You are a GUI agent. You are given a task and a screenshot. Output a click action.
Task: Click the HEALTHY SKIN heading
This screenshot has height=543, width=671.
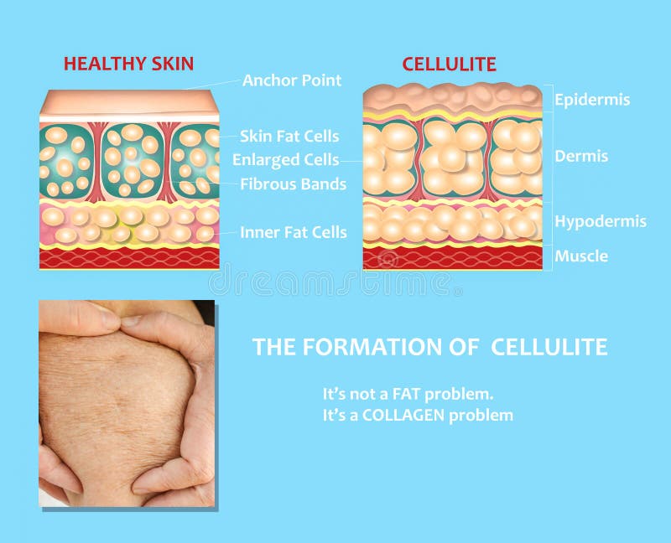pyautogui.click(x=128, y=64)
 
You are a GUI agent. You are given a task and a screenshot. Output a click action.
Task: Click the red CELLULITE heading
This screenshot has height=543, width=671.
pyautogui.click(x=449, y=65)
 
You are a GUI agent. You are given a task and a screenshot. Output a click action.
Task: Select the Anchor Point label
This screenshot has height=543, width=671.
pyautogui.click(x=292, y=80)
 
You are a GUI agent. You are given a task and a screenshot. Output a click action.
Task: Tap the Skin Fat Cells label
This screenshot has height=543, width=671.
pyautogui.click(x=290, y=136)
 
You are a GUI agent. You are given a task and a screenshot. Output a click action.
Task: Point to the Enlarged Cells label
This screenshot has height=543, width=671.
pyautogui.click(x=286, y=159)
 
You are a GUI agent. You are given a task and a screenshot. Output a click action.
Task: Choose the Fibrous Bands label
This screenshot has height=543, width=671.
pyautogui.click(x=293, y=184)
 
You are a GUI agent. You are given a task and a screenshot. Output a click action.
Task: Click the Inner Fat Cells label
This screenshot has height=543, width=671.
pyautogui.click(x=293, y=232)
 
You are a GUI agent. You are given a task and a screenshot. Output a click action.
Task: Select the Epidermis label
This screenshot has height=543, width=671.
pyautogui.click(x=592, y=100)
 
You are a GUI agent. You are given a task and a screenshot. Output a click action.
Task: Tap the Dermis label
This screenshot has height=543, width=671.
pyautogui.click(x=581, y=156)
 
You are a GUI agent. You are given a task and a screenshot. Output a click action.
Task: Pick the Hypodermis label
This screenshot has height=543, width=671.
pyautogui.click(x=600, y=222)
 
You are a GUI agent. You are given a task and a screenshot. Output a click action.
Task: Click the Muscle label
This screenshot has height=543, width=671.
pyautogui.click(x=581, y=256)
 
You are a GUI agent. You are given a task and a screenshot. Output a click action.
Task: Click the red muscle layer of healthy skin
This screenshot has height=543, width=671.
pyautogui.click(x=129, y=258)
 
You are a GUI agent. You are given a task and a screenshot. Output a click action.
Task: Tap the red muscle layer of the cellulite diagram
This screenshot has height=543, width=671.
pyautogui.click(x=452, y=259)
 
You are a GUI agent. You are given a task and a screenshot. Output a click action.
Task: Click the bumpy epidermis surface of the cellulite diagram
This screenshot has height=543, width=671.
pyautogui.click(x=452, y=96)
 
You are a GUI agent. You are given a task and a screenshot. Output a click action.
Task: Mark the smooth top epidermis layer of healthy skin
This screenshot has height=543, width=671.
pyautogui.click(x=129, y=103)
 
